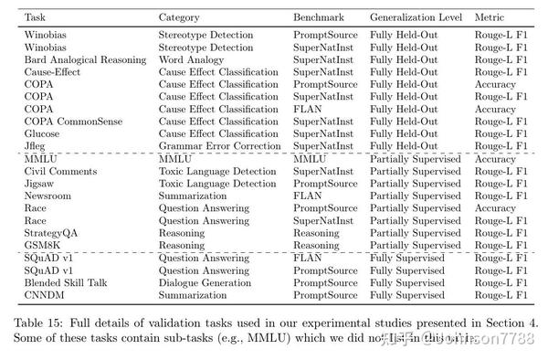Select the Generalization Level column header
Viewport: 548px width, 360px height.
pos(416,17)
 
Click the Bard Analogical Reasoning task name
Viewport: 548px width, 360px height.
pos(85,59)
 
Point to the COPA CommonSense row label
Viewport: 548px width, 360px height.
pos(71,122)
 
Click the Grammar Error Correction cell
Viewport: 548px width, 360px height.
pos(218,146)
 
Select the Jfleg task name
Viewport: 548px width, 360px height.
pos(37,146)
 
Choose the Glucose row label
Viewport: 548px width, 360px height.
pos(42,134)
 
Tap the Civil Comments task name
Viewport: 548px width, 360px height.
pos(59,171)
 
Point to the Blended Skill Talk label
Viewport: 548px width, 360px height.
pos(66,283)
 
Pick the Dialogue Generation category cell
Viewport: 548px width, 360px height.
pos(206,283)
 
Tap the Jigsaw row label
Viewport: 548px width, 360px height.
pos(40,184)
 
